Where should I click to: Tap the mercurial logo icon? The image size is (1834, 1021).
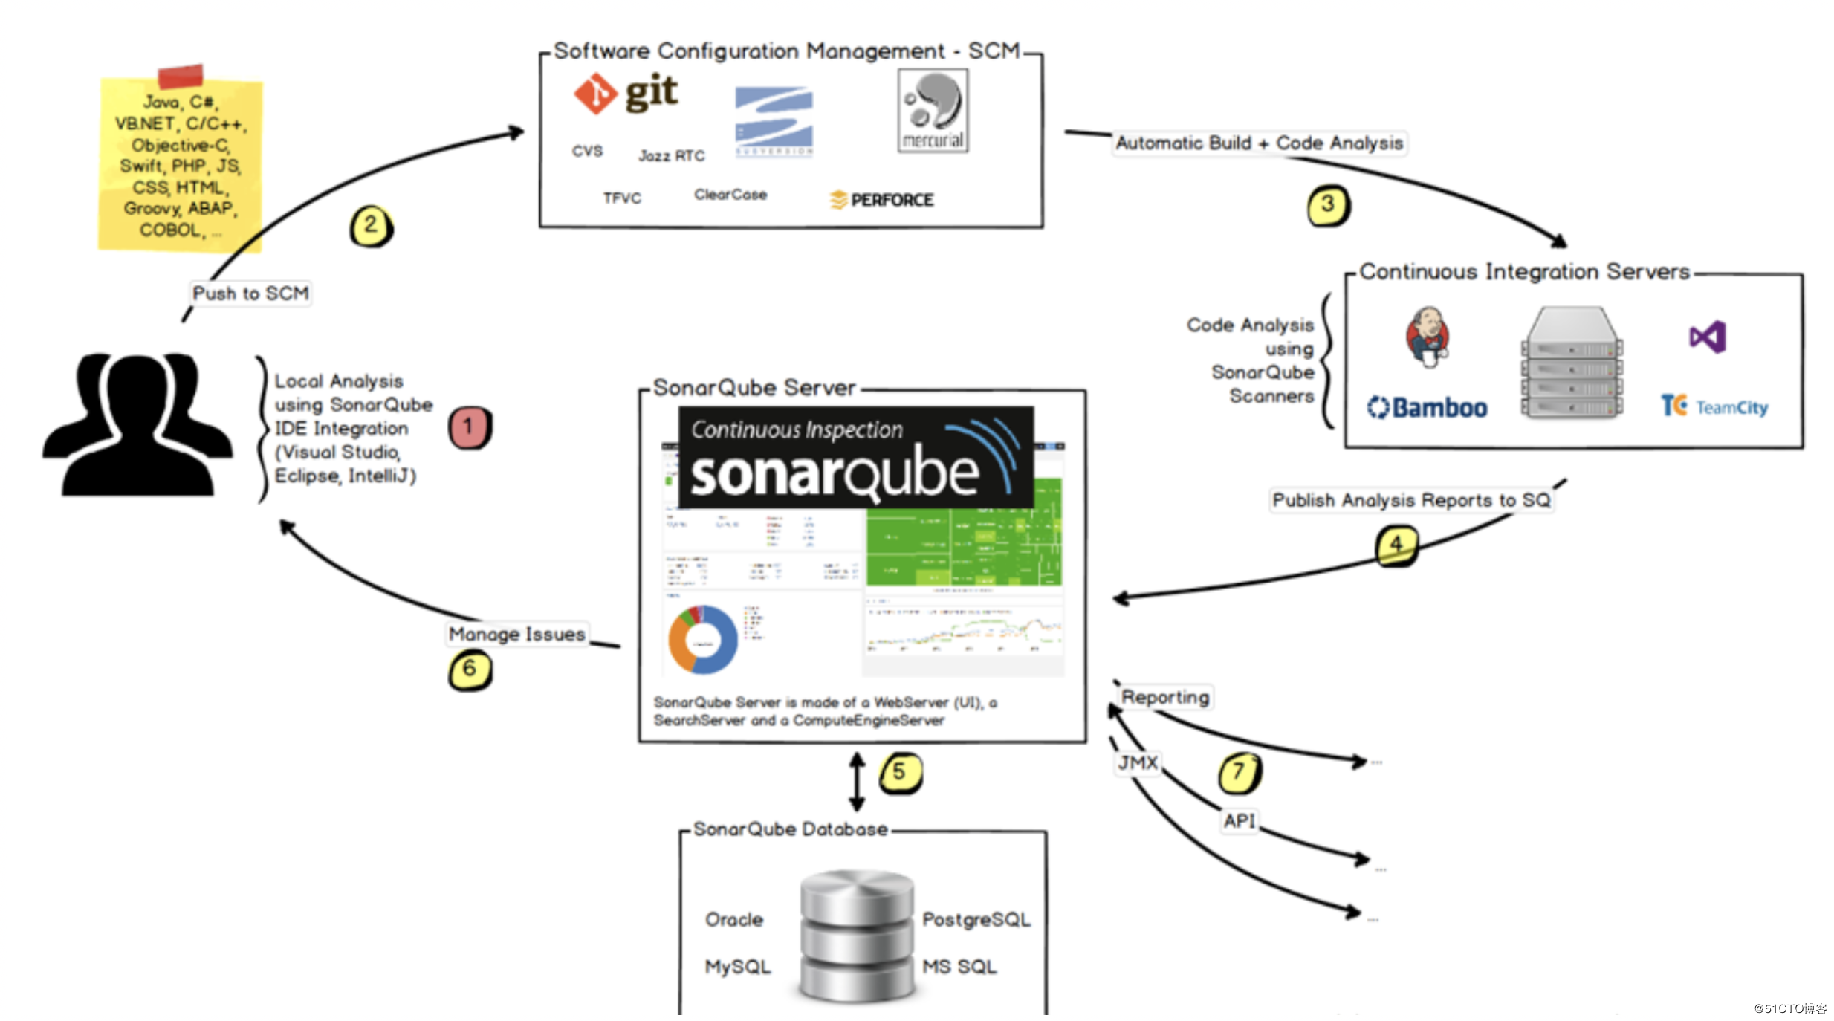pos(932,111)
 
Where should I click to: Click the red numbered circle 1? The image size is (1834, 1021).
pos(469,427)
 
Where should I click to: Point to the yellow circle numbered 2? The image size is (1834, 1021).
pos(370,226)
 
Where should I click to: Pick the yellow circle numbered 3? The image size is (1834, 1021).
pos(1327,205)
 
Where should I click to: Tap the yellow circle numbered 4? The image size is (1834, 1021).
pos(1396,545)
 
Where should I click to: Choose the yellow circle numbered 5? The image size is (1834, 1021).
pos(900,772)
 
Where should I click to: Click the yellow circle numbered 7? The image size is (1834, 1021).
pos(1239,772)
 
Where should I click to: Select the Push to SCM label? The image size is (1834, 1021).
pos(250,294)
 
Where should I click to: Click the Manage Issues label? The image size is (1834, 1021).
pos(516,634)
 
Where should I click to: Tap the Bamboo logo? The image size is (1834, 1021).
pos(1427,407)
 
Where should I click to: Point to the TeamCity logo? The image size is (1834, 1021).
pos(1714,406)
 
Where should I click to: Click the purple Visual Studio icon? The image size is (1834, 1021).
pos(1706,337)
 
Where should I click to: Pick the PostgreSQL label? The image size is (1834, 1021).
pos(976,920)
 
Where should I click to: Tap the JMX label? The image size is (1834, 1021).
pos(1138,762)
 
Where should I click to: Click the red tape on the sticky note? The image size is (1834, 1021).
pos(181,76)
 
